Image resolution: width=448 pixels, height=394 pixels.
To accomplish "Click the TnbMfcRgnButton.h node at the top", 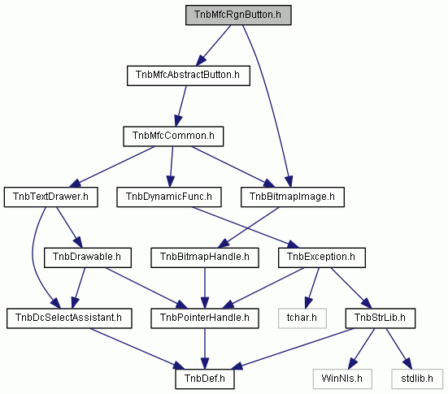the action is point(238,15).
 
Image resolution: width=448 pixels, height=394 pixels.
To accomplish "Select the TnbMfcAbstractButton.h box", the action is point(189,76).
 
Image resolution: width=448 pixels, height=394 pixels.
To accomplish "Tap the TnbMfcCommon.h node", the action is point(173,136).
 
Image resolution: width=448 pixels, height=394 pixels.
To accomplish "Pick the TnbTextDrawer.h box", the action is point(51,197).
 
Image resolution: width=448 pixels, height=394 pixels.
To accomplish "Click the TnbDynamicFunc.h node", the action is point(169,197).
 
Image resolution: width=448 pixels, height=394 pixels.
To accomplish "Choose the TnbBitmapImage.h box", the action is point(293,197).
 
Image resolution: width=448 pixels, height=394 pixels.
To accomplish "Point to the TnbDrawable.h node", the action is point(88,258).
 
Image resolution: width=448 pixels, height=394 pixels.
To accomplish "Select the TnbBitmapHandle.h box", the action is point(205,258).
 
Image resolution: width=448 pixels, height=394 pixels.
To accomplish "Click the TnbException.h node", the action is point(322,258).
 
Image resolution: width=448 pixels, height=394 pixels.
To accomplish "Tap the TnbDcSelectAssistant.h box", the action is point(69,318).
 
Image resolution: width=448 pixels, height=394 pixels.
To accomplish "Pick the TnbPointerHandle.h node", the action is point(205,318).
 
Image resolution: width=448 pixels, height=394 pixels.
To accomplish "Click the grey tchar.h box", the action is point(302,318).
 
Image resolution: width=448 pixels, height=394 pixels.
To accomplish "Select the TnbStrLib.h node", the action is point(381,318).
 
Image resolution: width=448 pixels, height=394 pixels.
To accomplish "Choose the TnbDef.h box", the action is point(205,379).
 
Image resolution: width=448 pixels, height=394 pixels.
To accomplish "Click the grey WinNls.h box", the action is point(342,379).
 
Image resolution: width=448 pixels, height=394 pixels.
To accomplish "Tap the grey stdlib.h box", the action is point(417,379).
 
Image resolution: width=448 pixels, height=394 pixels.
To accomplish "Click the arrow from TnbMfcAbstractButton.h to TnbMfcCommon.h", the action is point(181,106).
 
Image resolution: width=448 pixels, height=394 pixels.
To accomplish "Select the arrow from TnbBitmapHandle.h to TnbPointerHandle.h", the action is point(205,288).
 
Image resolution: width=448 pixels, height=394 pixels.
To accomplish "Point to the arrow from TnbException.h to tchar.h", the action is point(312,288).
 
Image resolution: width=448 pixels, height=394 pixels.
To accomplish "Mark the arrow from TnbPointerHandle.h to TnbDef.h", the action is point(205,349).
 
